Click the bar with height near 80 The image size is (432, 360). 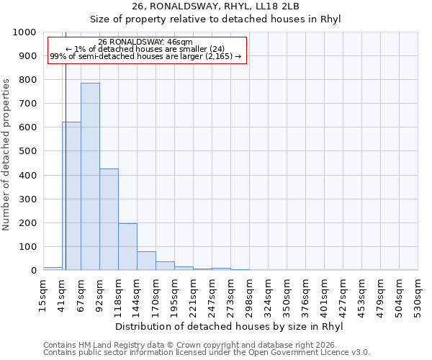pyautogui.click(x=146, y=261)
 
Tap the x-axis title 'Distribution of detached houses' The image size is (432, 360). pyautogui.click(x=229, y=326)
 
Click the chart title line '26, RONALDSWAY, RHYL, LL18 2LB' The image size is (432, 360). pyautogui.click(x=216, y=6)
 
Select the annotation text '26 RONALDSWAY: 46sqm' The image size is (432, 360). pyautogui.click(x=145, y=42)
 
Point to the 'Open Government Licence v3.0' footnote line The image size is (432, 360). pyautogui.click(x=207, y=352)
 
